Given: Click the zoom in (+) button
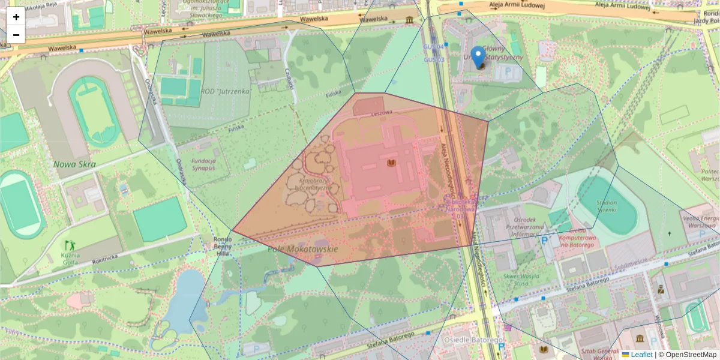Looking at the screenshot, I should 16,17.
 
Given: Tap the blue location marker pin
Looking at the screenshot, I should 478,58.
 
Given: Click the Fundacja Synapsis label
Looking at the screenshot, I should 203,164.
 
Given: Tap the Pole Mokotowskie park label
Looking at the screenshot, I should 302,248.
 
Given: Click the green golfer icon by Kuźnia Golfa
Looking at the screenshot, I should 70,245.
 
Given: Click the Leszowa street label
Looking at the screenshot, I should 381,113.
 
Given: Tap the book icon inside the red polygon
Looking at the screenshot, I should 391,163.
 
